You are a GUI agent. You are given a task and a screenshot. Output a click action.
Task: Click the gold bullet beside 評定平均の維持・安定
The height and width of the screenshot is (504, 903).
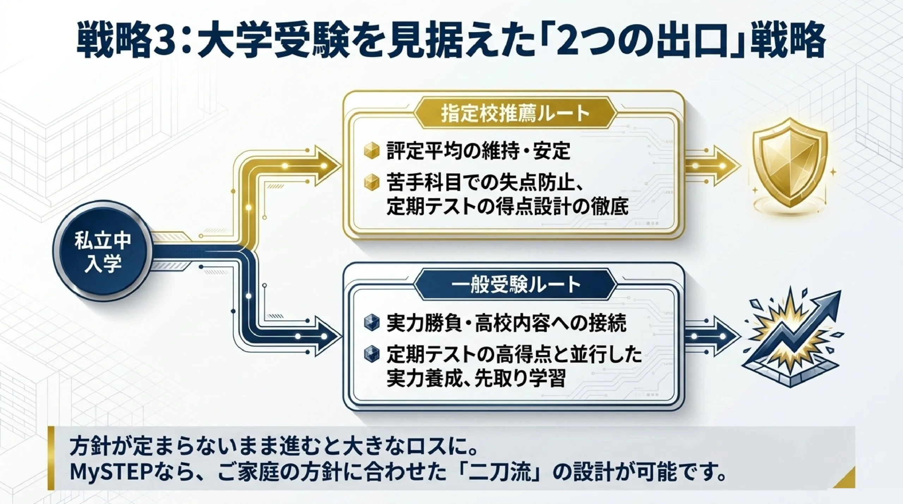point(371,151)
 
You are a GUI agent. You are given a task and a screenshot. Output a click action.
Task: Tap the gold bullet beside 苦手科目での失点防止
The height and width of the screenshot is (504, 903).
point(371,183)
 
